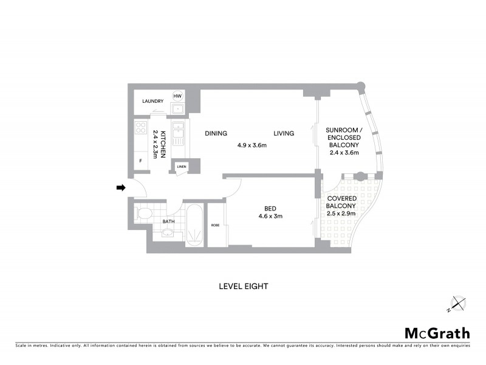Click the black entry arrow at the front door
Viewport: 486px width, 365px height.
tap(120, 188)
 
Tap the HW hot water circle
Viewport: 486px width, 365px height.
tap(177, 96)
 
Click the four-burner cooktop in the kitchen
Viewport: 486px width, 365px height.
tap(141, 128)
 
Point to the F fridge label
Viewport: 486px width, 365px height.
tap(141, 161)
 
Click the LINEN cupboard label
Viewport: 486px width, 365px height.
tap(181, 166)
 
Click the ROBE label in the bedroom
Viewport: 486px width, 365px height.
tap(215, 225)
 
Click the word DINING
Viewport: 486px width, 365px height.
tap(216, 134)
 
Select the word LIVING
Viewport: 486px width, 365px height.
tap(284, 134)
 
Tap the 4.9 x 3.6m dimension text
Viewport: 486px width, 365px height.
tap(252, 145)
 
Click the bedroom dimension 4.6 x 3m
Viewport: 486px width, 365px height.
tap(270, 216)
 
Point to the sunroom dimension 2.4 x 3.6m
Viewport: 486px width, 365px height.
tap(343, 153)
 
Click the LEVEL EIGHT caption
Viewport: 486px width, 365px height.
tap(243, 286)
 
